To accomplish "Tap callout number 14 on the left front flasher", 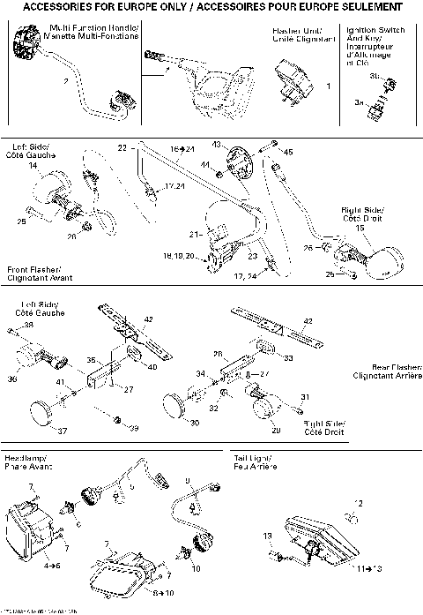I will pyautogui.click(x=33, y=165).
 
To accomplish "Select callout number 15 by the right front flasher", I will pyautogui.click(x=360, y=228).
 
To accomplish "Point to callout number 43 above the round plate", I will pyautogui.click(x=216, y=144).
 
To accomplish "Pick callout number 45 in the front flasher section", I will pyautogui.click(x=287, y=152).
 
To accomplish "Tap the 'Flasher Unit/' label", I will pyautogui.click(x=287, y=30).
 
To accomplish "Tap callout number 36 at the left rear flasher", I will pyautogui.click(x=11, y=379).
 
